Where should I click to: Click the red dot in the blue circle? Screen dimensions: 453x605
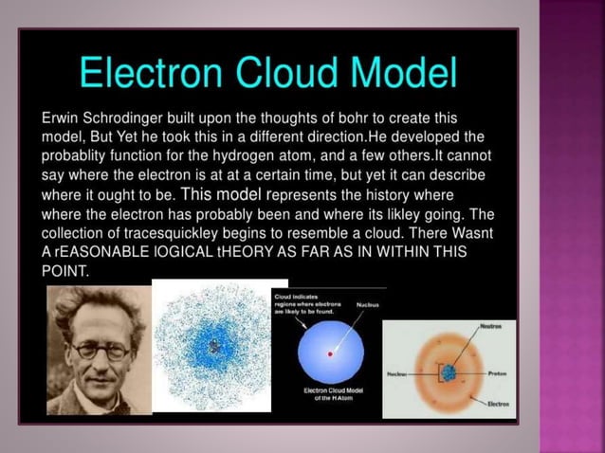point(330,353)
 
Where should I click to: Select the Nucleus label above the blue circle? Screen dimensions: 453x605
point(368,305)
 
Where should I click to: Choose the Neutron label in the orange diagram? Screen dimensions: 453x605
point(491,325)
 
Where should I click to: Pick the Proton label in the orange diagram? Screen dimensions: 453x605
point(497,373)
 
